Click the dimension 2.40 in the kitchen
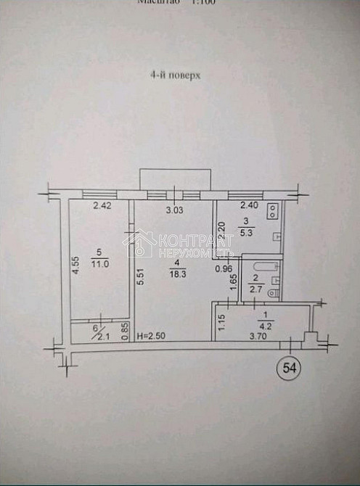[x=249, y=205]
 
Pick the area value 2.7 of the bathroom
[x=254, y=289]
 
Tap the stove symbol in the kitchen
[x=274, y=212]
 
